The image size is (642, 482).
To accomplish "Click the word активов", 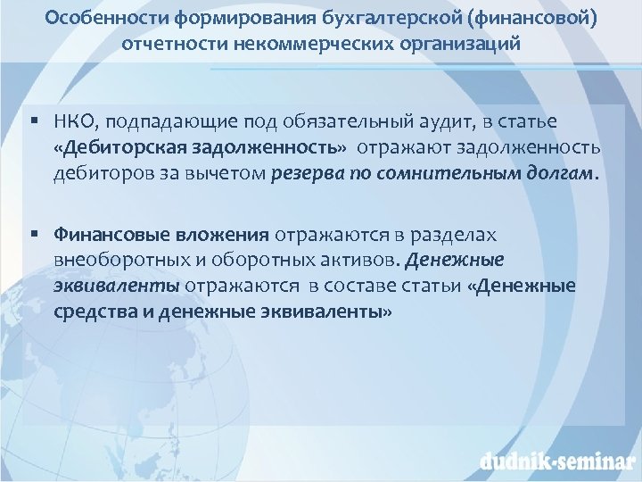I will click(x=362, y=260).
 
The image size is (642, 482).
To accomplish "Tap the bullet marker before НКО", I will click(x=32, y=120).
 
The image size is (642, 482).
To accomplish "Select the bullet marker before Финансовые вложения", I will click(x=32, y=234).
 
